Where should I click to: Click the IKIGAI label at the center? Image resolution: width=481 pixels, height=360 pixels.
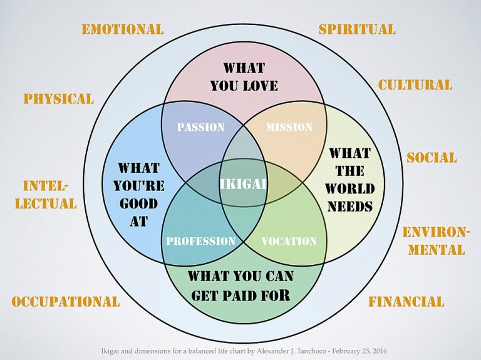pyautogui.click(x=244, y=183)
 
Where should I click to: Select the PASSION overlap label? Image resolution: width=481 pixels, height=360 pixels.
pyautogui.click(x=200, y=127)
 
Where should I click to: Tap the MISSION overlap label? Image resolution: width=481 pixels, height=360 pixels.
pyautogui.click(x=289, y=127)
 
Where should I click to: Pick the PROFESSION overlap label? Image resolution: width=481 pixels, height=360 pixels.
pyautogui.click(x=200, y=241)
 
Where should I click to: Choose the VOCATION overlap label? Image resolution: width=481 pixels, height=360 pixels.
pyautogui.click(x=289, y=241)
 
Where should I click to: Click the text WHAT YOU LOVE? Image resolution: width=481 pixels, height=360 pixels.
pyautogui.click(x=244, y=76)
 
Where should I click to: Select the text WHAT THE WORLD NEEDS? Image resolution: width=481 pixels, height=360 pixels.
pyautogui.click(x=349, y=180)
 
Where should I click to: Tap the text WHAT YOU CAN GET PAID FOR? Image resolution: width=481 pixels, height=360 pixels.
pyautogui.click(x=241, y=285)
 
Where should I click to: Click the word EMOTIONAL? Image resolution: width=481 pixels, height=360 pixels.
pyautogui.click(x=122, y=29)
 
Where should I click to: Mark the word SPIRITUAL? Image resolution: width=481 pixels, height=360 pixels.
pyautogui.click(x=356, y=29)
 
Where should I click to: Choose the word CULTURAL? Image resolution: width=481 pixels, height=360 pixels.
pyautogui.click(x=415, y=85)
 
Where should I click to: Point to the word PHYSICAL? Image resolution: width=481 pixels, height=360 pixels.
pyautogui.click(x=58, y=98)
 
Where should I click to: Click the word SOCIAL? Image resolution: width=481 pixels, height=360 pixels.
pyautogui.click(x=432, y=157)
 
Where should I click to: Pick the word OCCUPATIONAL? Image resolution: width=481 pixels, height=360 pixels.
pyautogui.click(x=65, y=301)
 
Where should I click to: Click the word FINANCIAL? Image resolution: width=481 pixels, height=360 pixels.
pyautogui.click(x=406, y=301)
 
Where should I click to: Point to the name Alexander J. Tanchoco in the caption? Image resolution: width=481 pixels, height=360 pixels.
pyautogui.click(x=279, y=351)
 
